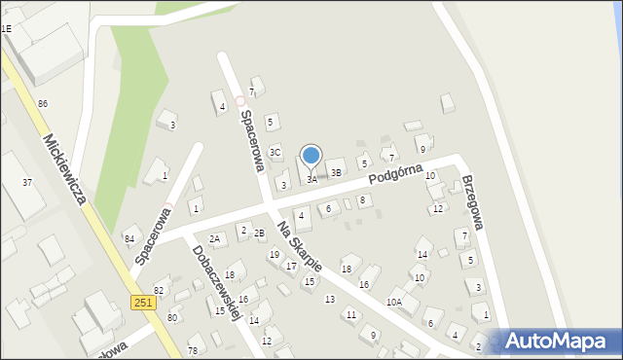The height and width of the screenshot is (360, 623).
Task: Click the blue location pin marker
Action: tap(311, 156)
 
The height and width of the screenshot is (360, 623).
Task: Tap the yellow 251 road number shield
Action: tap(142, 304)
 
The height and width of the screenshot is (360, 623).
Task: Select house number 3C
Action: tap(275, 152)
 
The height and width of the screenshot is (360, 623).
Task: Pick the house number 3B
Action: tap(336, 172)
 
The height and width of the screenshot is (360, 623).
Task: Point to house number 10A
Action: tap(393, 303)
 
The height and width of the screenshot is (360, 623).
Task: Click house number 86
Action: tap(42, 103)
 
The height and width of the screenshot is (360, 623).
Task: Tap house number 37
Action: tap(27, 183)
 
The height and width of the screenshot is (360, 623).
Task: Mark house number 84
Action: tap(128, 238)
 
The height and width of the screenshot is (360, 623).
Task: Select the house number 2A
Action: tap(215, 238)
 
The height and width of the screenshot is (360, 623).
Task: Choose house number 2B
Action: tap(259, 233)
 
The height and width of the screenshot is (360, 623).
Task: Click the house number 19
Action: tap(274, 254)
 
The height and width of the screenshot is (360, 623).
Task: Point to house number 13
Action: tap(330, 299)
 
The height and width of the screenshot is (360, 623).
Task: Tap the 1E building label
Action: tap(6, 29)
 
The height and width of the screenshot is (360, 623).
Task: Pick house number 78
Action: tap(193, 350)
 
